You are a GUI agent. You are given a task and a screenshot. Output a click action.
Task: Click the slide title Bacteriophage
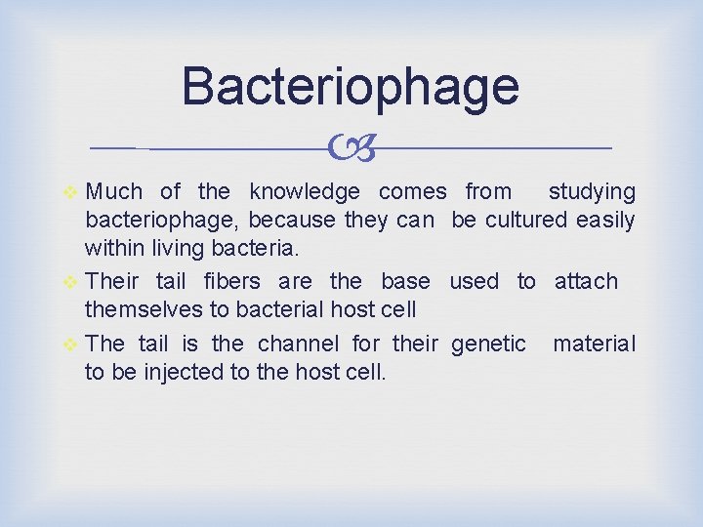[x=350, y=86]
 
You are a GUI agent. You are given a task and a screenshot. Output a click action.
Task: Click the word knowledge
[x=306, y=192]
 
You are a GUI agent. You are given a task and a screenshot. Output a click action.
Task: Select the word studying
[x=591, y=192]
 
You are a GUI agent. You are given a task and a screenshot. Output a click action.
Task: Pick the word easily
[x=604, y=220]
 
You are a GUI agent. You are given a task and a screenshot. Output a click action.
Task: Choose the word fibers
[x=231, y=282]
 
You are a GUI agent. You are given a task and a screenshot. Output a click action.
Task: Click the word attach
[x=586, y=282]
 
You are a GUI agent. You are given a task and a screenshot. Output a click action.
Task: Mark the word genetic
[x=489, y=345]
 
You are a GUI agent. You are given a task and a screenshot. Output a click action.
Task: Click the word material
[x=594, y=345]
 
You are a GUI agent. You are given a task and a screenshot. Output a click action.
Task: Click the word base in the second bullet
[x=405, y=282]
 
